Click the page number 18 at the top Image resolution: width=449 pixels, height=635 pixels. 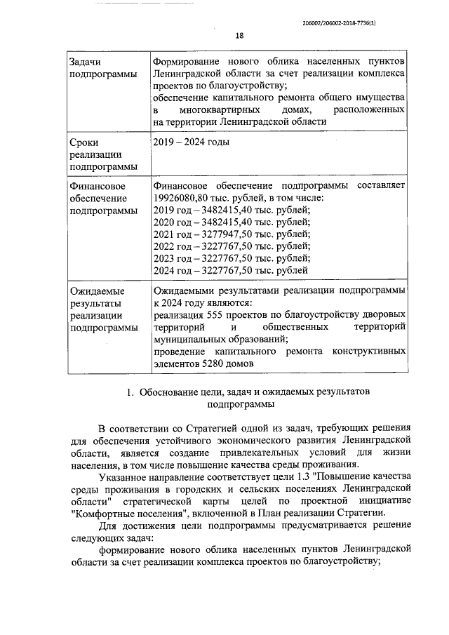pos(239,36)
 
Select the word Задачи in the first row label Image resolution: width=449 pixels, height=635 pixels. pos(83,63)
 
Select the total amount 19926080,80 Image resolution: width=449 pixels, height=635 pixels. pos(182,199)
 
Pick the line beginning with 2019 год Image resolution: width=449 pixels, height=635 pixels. pos(231,210)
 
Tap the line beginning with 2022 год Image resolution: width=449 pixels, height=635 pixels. pos(231,246)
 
